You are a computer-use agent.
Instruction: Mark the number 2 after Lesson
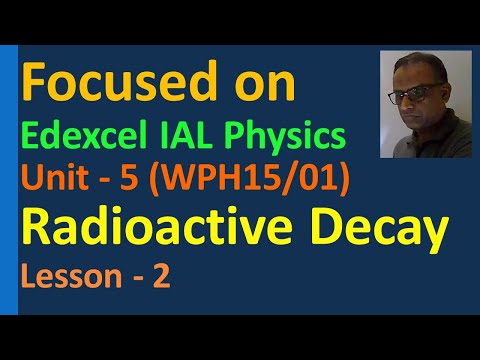(x=160, y=276)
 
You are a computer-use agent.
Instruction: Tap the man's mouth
(x=419, y=125)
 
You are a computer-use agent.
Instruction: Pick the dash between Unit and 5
(x=118, y=179)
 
